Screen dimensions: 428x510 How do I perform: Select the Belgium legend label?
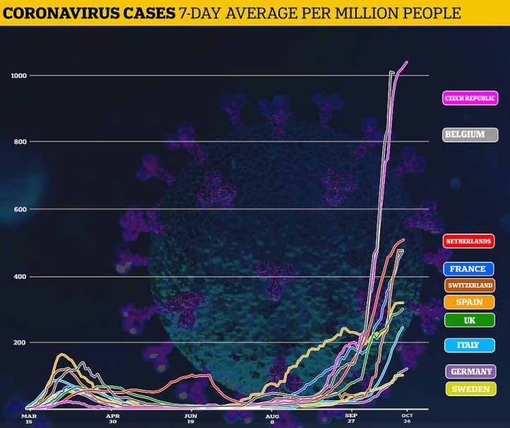pyautogui.click(x=465, y=134)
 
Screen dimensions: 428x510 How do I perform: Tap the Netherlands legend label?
pyautogui.click(x=468, y=241)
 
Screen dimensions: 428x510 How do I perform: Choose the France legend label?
pyautogui.click(x=468, y=269)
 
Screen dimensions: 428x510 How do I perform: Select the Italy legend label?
pyautogui.click(x=468, y=345)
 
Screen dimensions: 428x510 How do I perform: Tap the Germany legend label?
pyautogui.click(x=470, y=371)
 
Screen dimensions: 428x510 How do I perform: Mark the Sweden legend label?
pyautogui.click(x=470, y=388)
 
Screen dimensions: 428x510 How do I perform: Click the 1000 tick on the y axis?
pyautogui.click(x=18, y=75)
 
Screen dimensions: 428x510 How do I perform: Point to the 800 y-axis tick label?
pyautogui.click(x=20, y=141)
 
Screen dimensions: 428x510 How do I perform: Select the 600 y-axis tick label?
pyautogui.click(x=20, y=209)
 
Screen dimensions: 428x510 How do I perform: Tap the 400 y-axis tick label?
pyautogui.click(x=20, y=276)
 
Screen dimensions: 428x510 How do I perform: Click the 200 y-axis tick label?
pyautogui.click(x=20, y=342)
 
